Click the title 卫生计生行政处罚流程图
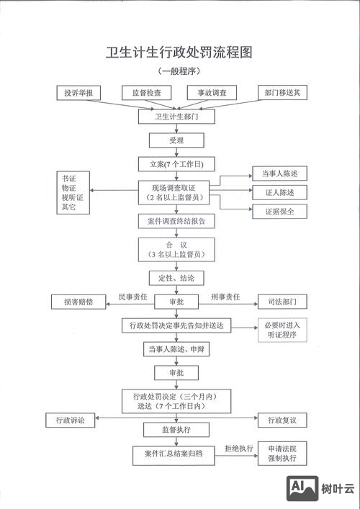tap(179, 53)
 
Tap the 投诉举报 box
tap(83, 93)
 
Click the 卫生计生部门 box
tap(176, 115)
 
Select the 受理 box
tap(176, 140)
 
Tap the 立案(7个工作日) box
tap(176, 164)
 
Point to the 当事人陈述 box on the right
tap(279, 174)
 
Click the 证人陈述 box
tap(279, 192)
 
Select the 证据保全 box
tap(279, 212)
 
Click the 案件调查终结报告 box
tap(176, 221)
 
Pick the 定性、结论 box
tap(176, 277)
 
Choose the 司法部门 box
tap(279, 301)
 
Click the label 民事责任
tap(132, 297)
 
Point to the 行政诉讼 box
tap(70, 420)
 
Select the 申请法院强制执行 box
tap(282, 453)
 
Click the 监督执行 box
tap(176, 430)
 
